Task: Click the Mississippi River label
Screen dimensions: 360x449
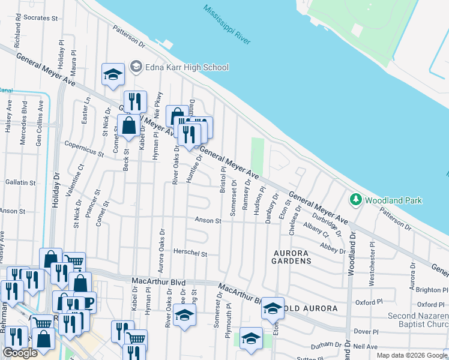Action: (227, 25)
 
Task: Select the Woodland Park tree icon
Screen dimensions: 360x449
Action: (355, 199)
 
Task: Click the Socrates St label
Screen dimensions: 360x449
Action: (41, 18)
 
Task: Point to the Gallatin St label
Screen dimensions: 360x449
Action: (19, 182)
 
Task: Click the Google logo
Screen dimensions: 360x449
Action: (20, 353)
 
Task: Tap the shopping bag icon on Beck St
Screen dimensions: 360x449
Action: (129, 126)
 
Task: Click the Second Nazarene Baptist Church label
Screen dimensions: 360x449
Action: (417, 320)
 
